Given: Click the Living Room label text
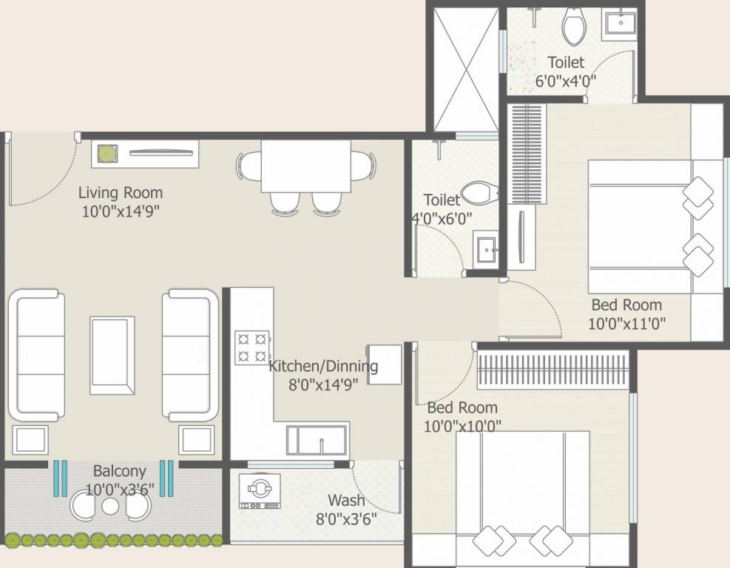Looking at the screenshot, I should pyautogui.click(x=121, y=193).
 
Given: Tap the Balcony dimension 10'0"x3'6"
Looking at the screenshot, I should pyautogui.click(x=119, y=489).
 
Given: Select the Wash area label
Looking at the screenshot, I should pyautogui.click(x=346, y=501).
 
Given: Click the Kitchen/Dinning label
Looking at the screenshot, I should pyautogui.click(x=323, y=365).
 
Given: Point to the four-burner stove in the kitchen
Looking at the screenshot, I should pyautogui.click(x=251, y=348).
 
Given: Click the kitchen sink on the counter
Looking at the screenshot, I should pyautogui.click(x=317, y=441).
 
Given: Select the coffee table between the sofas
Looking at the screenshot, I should pyautogui.click(x=112, y=356).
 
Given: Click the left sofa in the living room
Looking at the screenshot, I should pyautogui.click(x=36, y=356).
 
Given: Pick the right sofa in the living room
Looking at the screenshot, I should pyautogui.click(x=190, y=356).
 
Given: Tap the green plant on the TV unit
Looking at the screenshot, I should pyautogui.click(x=108, y=154).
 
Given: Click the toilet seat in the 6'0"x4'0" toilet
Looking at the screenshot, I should pyautogui.click(x=574, y=27).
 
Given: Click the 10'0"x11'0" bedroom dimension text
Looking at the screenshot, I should pyautogui.click(x=626, y=322).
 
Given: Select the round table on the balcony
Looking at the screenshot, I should pyautogui.click(x=111, y=506).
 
